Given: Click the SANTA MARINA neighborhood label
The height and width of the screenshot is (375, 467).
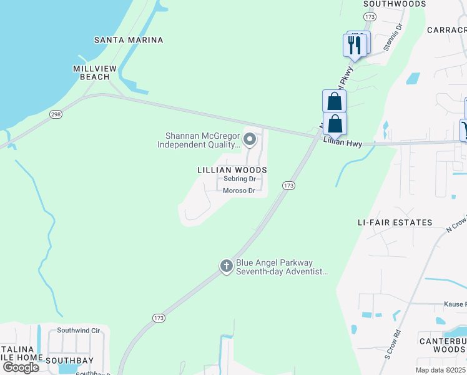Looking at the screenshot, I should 129,40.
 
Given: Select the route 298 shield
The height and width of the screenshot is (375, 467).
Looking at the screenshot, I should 56,114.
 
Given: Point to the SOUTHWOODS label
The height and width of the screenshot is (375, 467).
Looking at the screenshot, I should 395,4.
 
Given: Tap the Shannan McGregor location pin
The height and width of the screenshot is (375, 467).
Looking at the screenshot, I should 250,139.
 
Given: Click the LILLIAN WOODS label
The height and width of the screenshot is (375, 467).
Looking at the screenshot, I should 232,170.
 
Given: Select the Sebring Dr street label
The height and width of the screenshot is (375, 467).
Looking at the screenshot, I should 240,179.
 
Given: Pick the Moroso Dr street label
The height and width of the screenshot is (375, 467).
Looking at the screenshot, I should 240,191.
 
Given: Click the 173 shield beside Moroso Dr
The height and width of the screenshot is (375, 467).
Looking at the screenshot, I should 288,186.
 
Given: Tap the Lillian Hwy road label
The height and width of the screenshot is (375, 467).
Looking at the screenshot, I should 343,143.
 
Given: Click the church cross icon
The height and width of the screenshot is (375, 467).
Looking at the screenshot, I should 226,266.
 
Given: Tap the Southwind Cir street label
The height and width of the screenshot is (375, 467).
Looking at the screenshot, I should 79,330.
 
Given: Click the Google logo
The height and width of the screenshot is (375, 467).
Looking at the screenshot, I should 21,367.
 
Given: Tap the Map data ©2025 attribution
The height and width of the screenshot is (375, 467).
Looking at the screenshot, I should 440,370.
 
